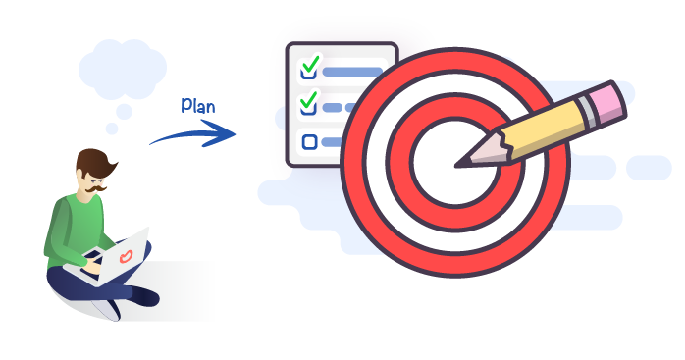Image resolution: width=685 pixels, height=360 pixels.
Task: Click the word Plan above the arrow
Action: click(199, 105)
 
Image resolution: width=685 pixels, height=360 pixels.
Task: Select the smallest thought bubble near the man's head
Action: click(112, 129)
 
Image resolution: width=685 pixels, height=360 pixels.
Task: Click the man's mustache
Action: click(96, 182)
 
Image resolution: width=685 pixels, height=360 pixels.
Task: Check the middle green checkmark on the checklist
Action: click(309, 100)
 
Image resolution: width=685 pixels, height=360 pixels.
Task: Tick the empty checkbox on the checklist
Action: click(310, 141)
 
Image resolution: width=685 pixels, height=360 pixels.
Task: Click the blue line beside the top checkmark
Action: click(351, 72)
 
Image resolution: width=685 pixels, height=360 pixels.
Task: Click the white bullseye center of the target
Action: click(438, 167)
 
